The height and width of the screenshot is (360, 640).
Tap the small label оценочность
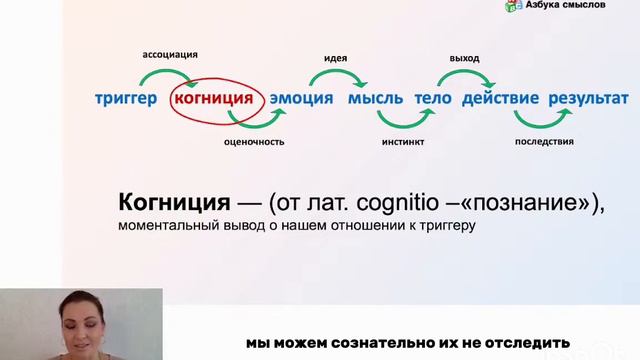tap(254, 142)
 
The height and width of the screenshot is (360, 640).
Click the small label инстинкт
tap(404, 142)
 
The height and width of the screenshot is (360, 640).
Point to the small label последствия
tap(544, 142)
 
